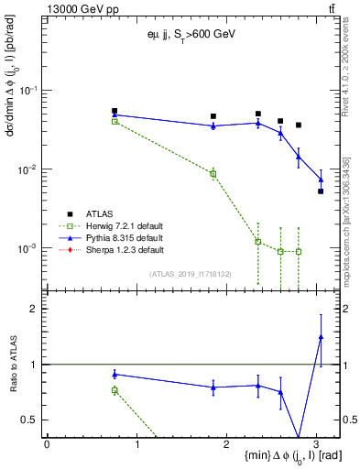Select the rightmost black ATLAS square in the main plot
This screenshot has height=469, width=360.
[321, 191]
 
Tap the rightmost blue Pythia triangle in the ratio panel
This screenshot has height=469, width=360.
[321, 337]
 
